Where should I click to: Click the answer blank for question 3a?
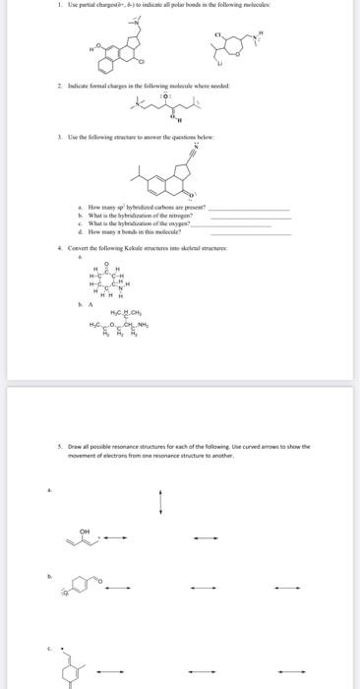point(251,210)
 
